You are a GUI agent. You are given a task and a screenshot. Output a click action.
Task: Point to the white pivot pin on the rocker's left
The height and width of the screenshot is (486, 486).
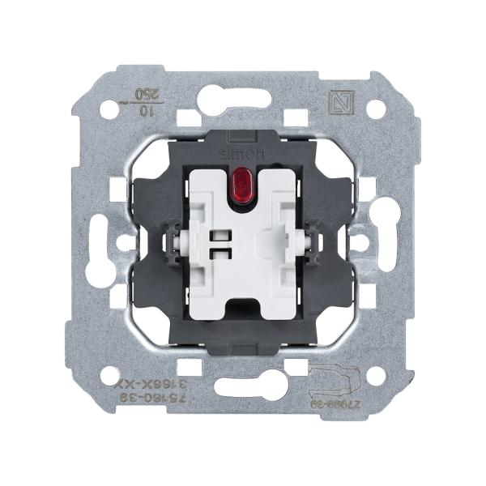tap(176, 241)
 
